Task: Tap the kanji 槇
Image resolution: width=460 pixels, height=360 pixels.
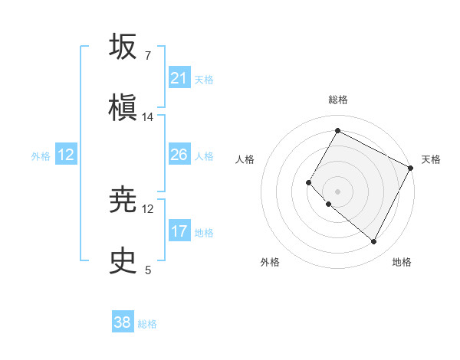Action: coord(123,106)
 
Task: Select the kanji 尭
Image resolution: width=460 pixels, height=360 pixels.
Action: coord(123,201)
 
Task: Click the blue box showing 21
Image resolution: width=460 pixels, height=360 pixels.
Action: coord(179,78)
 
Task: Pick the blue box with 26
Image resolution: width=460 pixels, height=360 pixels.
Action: coord(179,155)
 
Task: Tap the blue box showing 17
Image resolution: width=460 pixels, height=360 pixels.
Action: coord(179,231)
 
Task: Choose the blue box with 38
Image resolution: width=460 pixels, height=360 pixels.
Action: coord(123,322)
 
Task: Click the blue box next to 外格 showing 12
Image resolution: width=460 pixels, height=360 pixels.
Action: coord(66,155)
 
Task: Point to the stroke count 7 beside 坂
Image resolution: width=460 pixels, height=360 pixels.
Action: coord(148,56)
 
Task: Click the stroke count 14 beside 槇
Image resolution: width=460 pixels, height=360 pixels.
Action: coord(148,116)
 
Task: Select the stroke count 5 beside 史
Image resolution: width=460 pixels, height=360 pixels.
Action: coord(148,270)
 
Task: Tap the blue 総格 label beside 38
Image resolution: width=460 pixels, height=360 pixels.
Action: coord(147,324)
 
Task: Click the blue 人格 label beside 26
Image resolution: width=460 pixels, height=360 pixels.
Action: coord(204,156)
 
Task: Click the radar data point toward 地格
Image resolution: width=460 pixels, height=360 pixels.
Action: coord(373,242)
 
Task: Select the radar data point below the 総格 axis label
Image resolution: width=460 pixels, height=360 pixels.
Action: coord(337,131)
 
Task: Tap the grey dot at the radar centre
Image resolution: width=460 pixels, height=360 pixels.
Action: coord(337,191)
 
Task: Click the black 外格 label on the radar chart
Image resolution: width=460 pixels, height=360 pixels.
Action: coord(270,262)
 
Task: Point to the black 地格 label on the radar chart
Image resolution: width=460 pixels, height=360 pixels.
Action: coord(402,262)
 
